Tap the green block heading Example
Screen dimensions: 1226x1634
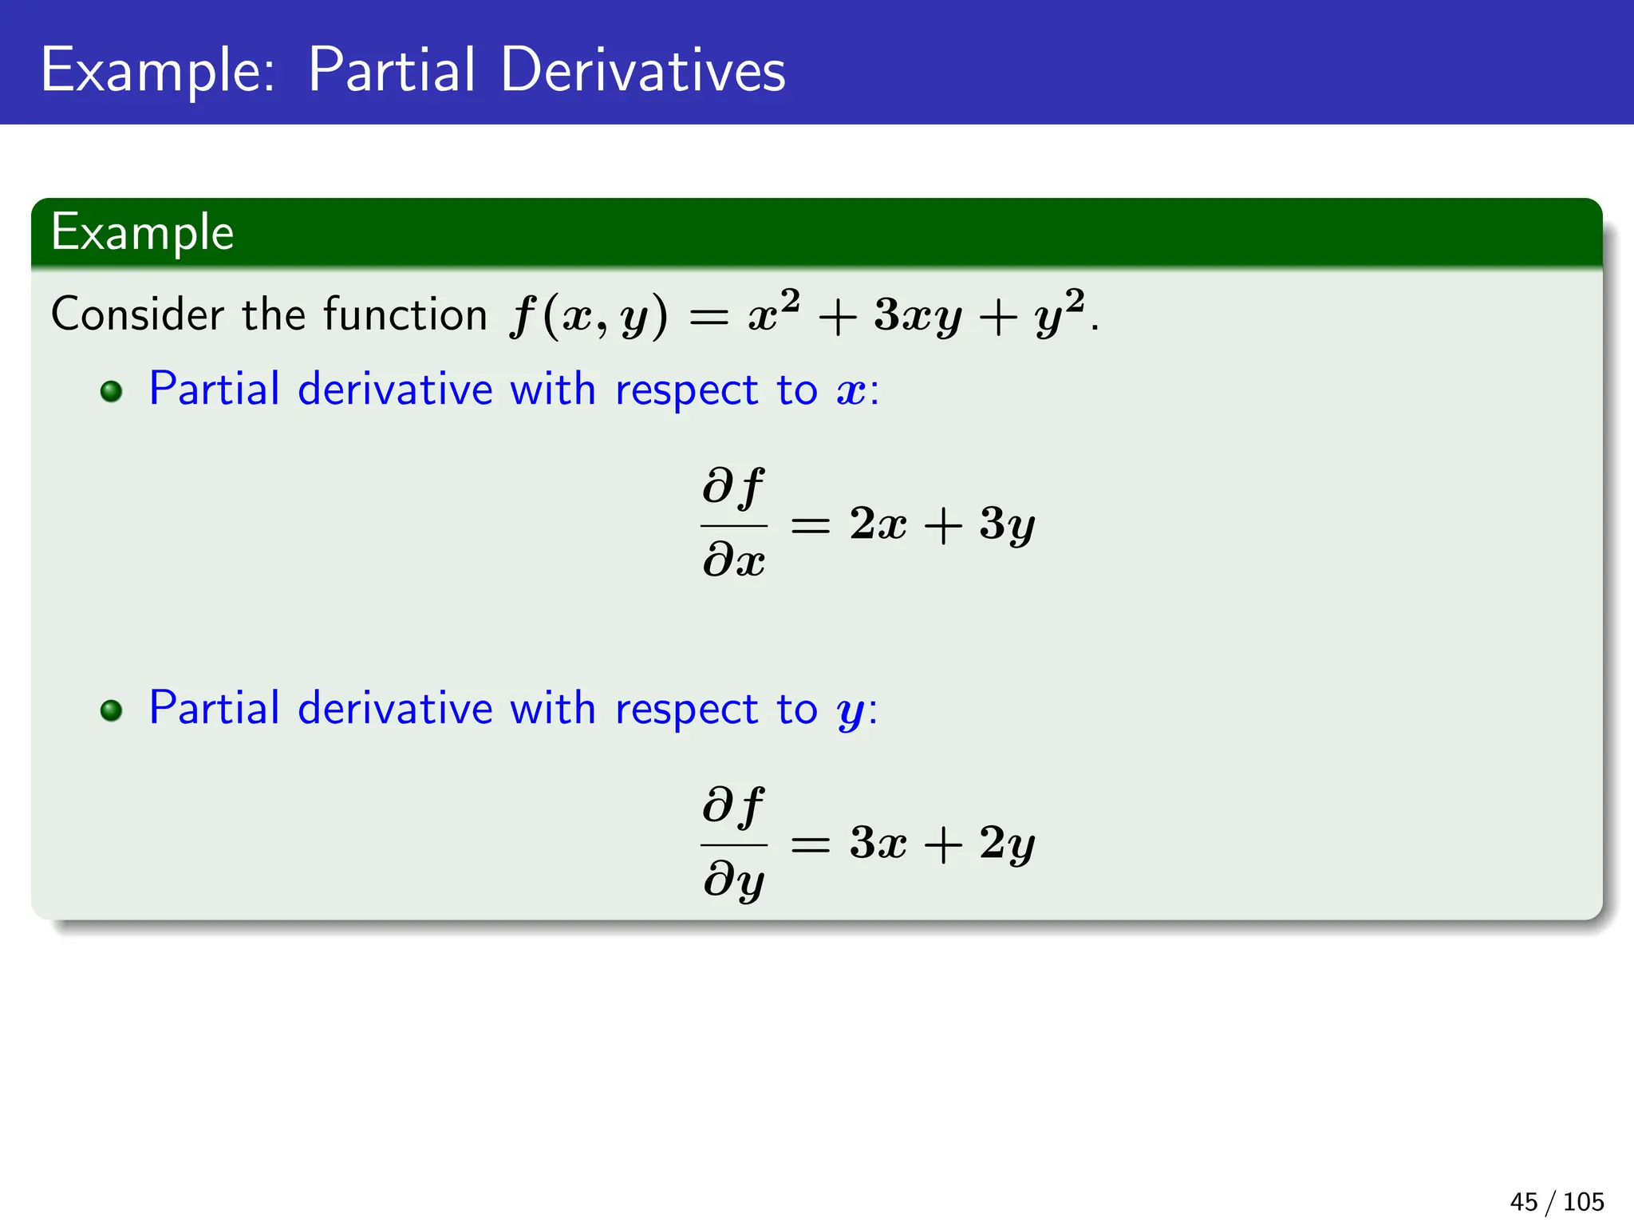(142, 233)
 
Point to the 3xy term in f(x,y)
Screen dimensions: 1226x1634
(918, 316)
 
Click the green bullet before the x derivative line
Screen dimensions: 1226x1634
(111, 392)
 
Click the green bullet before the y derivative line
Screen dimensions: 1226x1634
(111, 710)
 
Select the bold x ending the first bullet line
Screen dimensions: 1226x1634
(851, 392)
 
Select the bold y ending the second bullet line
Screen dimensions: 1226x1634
(851, 712)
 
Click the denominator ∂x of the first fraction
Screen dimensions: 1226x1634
(733, 560)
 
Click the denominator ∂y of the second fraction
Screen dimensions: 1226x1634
(733, 880)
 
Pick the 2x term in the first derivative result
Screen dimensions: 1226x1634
(878, 524)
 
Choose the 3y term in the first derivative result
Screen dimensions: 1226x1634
(1007, 525)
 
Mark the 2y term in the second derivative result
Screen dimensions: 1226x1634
(1007, 844)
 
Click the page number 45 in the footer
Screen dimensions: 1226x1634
(1523, 1201)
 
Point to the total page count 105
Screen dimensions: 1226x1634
(1583, 1201)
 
